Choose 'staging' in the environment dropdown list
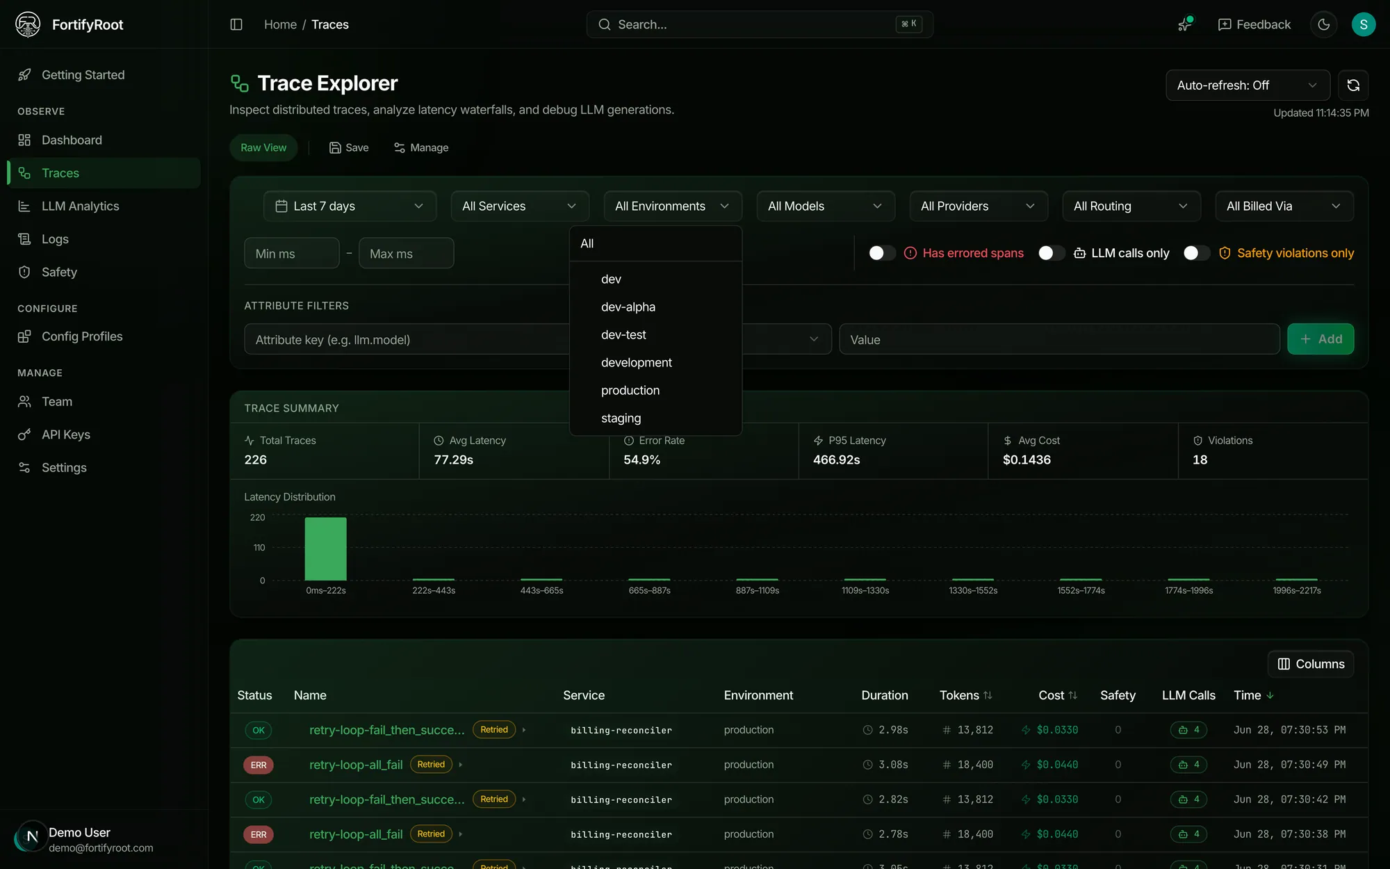[x=621, y=419]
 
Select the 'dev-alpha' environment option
[x=628, y=307]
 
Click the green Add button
[x=1320, y=339]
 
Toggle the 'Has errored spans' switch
[x=881, y=253]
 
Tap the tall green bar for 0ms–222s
[x=325, y=549]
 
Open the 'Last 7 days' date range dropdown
[x=350, y=206]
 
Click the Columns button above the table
[x=1311, y=664]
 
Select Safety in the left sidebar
[x=59, y=273]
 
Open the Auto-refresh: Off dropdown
[x=1248, y=86]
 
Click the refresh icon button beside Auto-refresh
[x=1353, y=86]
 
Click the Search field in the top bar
[x=760, y=24]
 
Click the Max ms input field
[x=406, y=254]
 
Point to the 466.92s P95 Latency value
[x=837, y=460]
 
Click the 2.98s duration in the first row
[x=893, y=730]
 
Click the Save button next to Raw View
[x=349, y=148]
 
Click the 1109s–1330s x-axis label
[x=865, y=591]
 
